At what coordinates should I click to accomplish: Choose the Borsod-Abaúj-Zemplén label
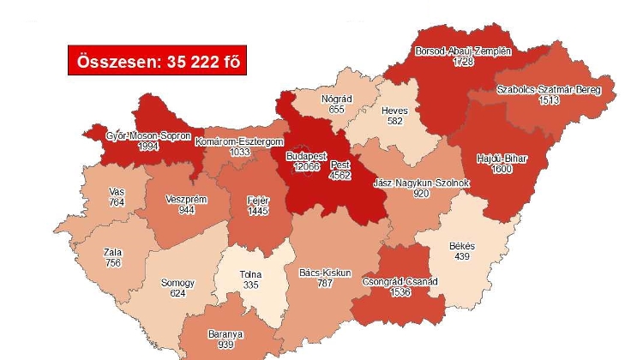pos(463,51)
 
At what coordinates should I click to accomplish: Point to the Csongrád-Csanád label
pos(400,282)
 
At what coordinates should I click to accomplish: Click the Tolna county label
pos(250,275)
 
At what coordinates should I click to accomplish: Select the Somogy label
pos(177,283)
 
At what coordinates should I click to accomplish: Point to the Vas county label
pos(117,191)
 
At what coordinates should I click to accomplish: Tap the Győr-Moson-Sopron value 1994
pos(148,147)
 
